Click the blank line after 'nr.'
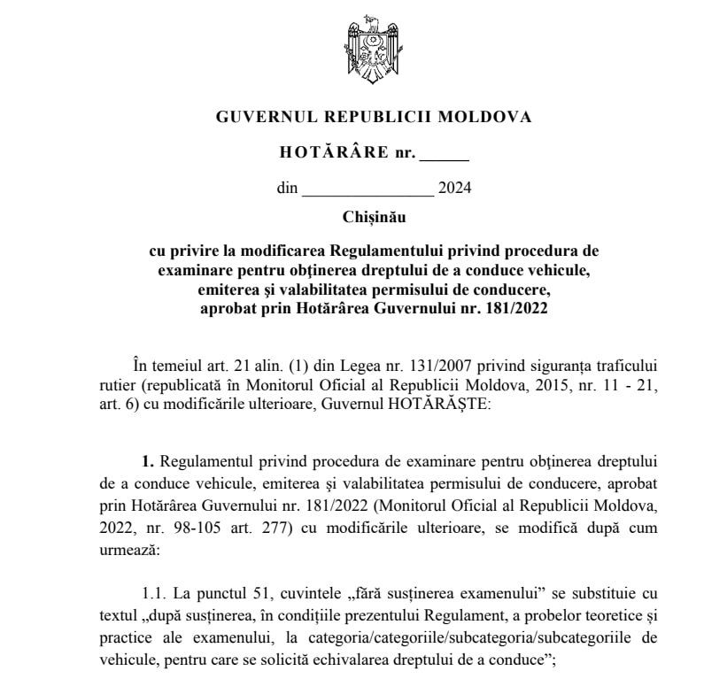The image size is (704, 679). [443, 155]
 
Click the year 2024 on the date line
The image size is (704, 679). [455, 188]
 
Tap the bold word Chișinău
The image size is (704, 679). [371, 216]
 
